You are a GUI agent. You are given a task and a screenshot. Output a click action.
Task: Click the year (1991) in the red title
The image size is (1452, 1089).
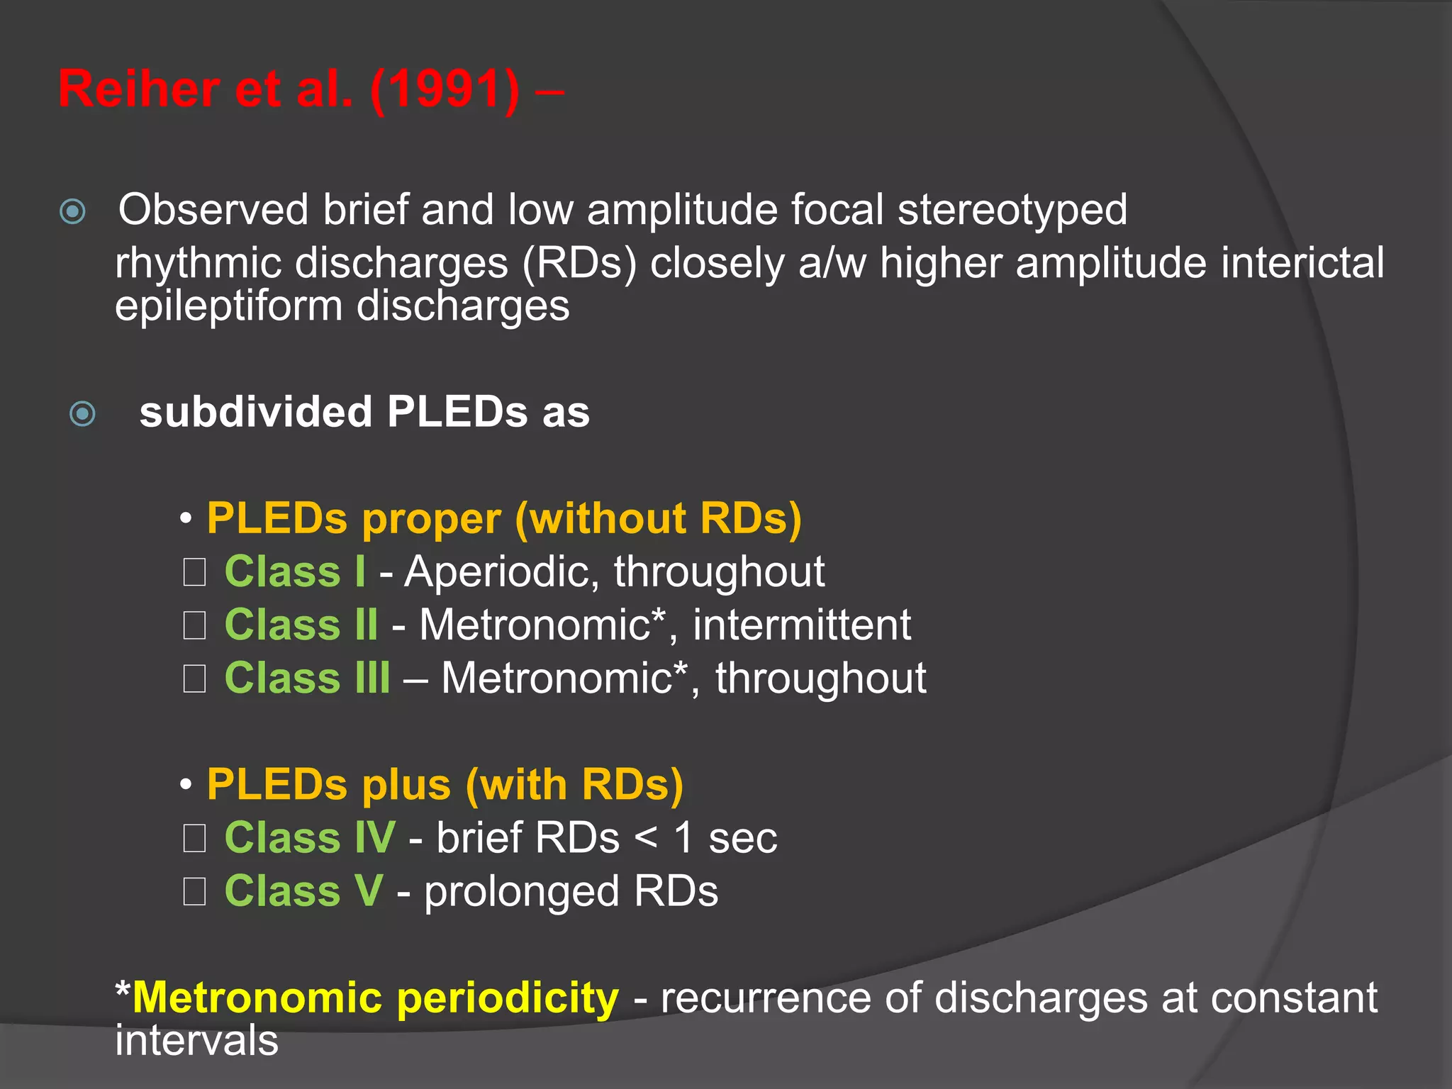tap(445, 90)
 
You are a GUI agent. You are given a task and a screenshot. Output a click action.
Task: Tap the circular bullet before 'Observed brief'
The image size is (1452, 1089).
tap(73, 211)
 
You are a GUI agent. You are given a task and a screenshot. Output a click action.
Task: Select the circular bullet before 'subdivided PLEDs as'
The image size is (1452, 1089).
tap(83, 413)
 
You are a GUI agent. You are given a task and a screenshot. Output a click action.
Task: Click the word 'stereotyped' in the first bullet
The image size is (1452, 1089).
tap(1012, 211)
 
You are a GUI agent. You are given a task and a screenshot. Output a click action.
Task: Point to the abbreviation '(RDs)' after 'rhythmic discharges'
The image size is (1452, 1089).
tap(579, 263)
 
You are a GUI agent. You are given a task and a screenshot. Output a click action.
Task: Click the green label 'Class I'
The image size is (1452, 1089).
tap(295, 571)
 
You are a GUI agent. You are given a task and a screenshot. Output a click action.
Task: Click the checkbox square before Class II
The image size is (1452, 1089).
tap(194, 625)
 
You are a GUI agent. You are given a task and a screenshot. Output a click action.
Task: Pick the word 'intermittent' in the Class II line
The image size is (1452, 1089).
tap(802, 625)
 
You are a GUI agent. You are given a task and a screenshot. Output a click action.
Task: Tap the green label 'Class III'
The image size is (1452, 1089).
tap(307, 678)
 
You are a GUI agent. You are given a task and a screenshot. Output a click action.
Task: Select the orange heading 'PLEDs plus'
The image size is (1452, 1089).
tap(328, 785)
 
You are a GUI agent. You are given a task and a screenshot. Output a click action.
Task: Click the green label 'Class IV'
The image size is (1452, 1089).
tap(310, 838)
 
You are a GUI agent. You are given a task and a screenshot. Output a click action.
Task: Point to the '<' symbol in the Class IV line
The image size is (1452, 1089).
tap(645, 838)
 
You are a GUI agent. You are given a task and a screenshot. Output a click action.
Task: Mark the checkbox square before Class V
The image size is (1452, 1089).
tap(194, 892)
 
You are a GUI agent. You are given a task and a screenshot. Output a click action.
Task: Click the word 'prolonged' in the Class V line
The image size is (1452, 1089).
tap(522, 892)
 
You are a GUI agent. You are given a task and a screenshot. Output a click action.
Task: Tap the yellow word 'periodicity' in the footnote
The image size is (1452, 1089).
tap(508, 998)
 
